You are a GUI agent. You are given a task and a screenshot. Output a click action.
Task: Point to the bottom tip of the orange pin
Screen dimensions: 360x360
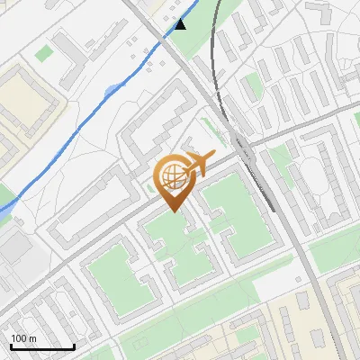point(173,211)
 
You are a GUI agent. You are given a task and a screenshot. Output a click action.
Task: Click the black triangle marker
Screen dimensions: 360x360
point(181,24)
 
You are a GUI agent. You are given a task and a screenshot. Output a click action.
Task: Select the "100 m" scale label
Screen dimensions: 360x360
point(23,338)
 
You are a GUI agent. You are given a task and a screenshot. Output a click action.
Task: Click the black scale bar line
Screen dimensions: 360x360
point(41,347)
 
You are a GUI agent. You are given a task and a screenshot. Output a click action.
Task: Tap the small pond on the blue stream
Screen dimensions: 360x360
point(112,89)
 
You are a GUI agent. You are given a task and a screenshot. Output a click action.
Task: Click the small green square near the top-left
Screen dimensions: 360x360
point(43,53)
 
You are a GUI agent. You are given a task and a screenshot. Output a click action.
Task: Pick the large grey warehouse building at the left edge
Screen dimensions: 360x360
point(13,248)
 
